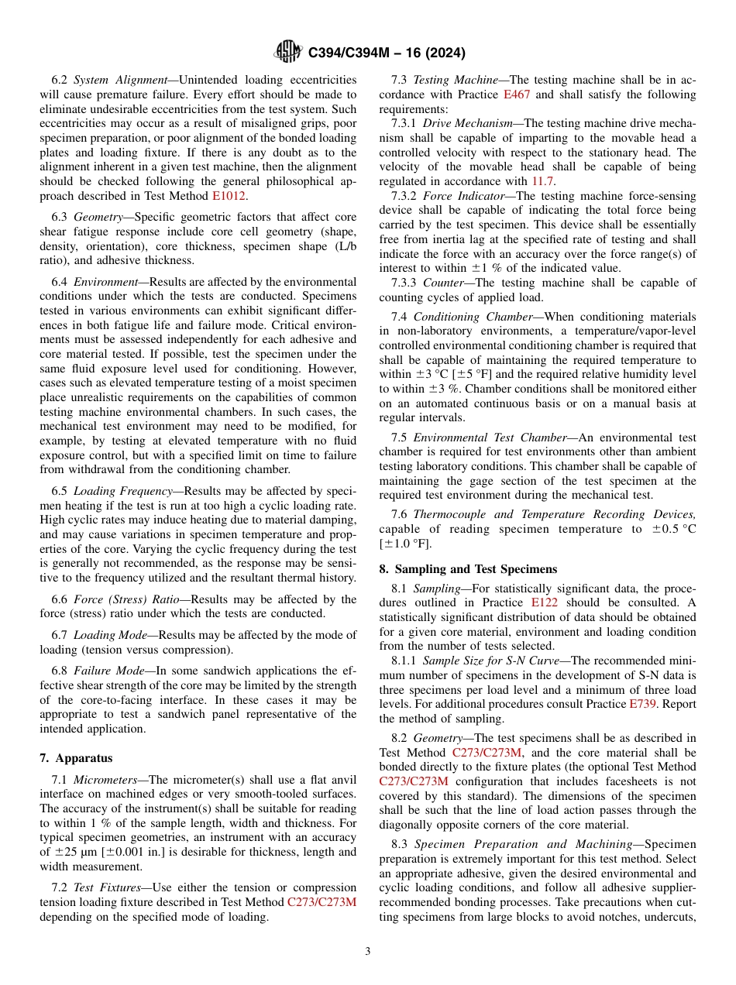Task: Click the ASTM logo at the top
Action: click(x=289, y=53)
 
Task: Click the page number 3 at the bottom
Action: click(x=368, y=951)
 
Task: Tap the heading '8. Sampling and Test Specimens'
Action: click(x=468, y=569)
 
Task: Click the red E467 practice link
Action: click(x=517, y=94)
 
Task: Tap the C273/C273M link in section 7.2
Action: click(x=322, y=901)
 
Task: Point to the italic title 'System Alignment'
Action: click(x=121, y=80)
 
